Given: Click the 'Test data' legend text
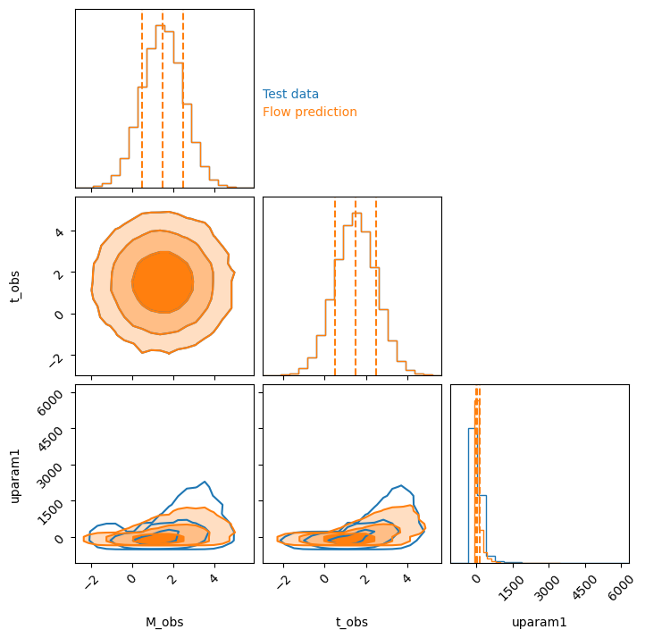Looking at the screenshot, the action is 290,94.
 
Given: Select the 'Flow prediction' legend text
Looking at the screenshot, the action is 310,112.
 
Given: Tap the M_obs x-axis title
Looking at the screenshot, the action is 164,622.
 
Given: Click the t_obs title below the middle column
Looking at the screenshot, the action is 352,622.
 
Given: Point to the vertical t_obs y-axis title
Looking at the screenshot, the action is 15,287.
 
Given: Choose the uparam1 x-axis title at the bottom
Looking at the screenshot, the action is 540,622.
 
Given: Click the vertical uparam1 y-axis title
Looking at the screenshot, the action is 15,476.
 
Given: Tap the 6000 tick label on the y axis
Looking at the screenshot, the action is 50,402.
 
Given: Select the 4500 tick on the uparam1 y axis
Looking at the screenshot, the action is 50,439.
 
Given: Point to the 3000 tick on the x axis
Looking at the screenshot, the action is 547,587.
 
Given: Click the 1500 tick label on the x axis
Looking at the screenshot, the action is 511,587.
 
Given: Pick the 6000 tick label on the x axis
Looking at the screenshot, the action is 620,587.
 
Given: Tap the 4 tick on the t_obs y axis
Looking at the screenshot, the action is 60,232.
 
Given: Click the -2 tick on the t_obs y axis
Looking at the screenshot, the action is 57,360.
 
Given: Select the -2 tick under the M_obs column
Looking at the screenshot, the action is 92,582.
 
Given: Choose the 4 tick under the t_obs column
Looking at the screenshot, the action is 407,578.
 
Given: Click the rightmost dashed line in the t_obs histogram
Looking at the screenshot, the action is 376,288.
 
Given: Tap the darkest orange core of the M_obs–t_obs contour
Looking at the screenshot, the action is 163,282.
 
